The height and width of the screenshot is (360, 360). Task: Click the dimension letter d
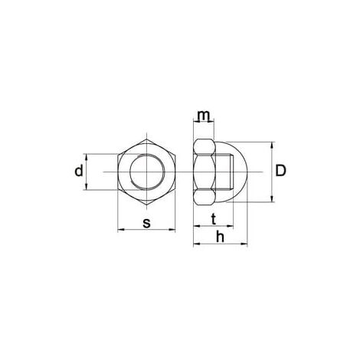[79, 171]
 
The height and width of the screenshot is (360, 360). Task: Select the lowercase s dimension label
[146, 223]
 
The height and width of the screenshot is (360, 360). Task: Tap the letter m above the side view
[204, 116]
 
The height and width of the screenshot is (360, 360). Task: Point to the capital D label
[281, 171]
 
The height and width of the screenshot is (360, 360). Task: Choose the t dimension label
[214, 219]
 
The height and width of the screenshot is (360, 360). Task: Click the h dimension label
[220, 237]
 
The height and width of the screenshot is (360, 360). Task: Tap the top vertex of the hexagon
[147, 139]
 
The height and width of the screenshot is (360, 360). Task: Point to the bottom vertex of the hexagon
[147, 205]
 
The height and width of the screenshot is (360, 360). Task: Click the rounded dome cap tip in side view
[247, 172]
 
